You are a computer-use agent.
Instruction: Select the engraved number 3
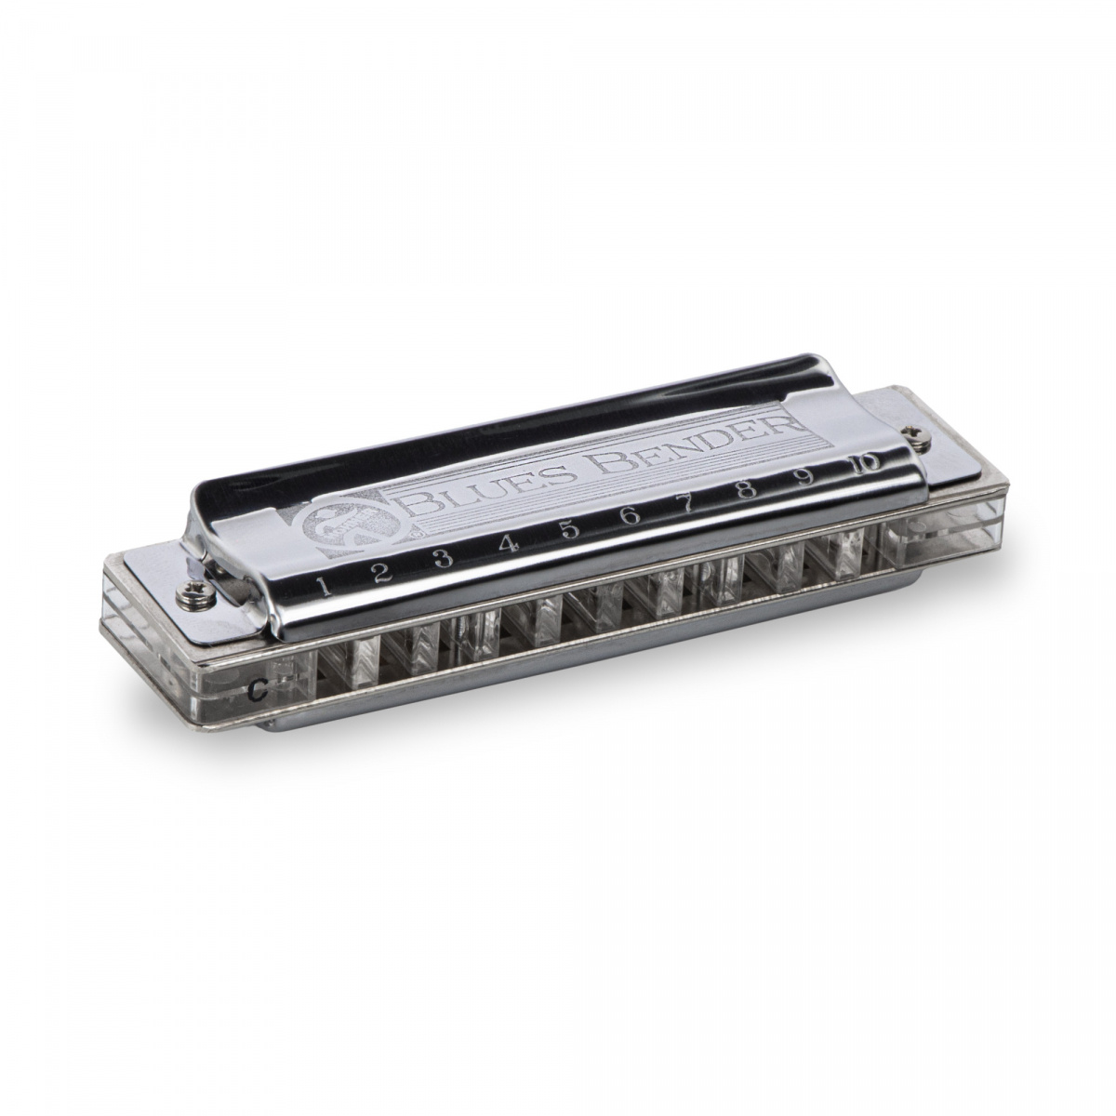tap(444, 558)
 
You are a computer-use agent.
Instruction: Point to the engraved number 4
tap(508, 543)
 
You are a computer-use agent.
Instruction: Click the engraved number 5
tap(569, 529)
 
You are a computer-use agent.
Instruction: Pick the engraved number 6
tap(630, 515)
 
